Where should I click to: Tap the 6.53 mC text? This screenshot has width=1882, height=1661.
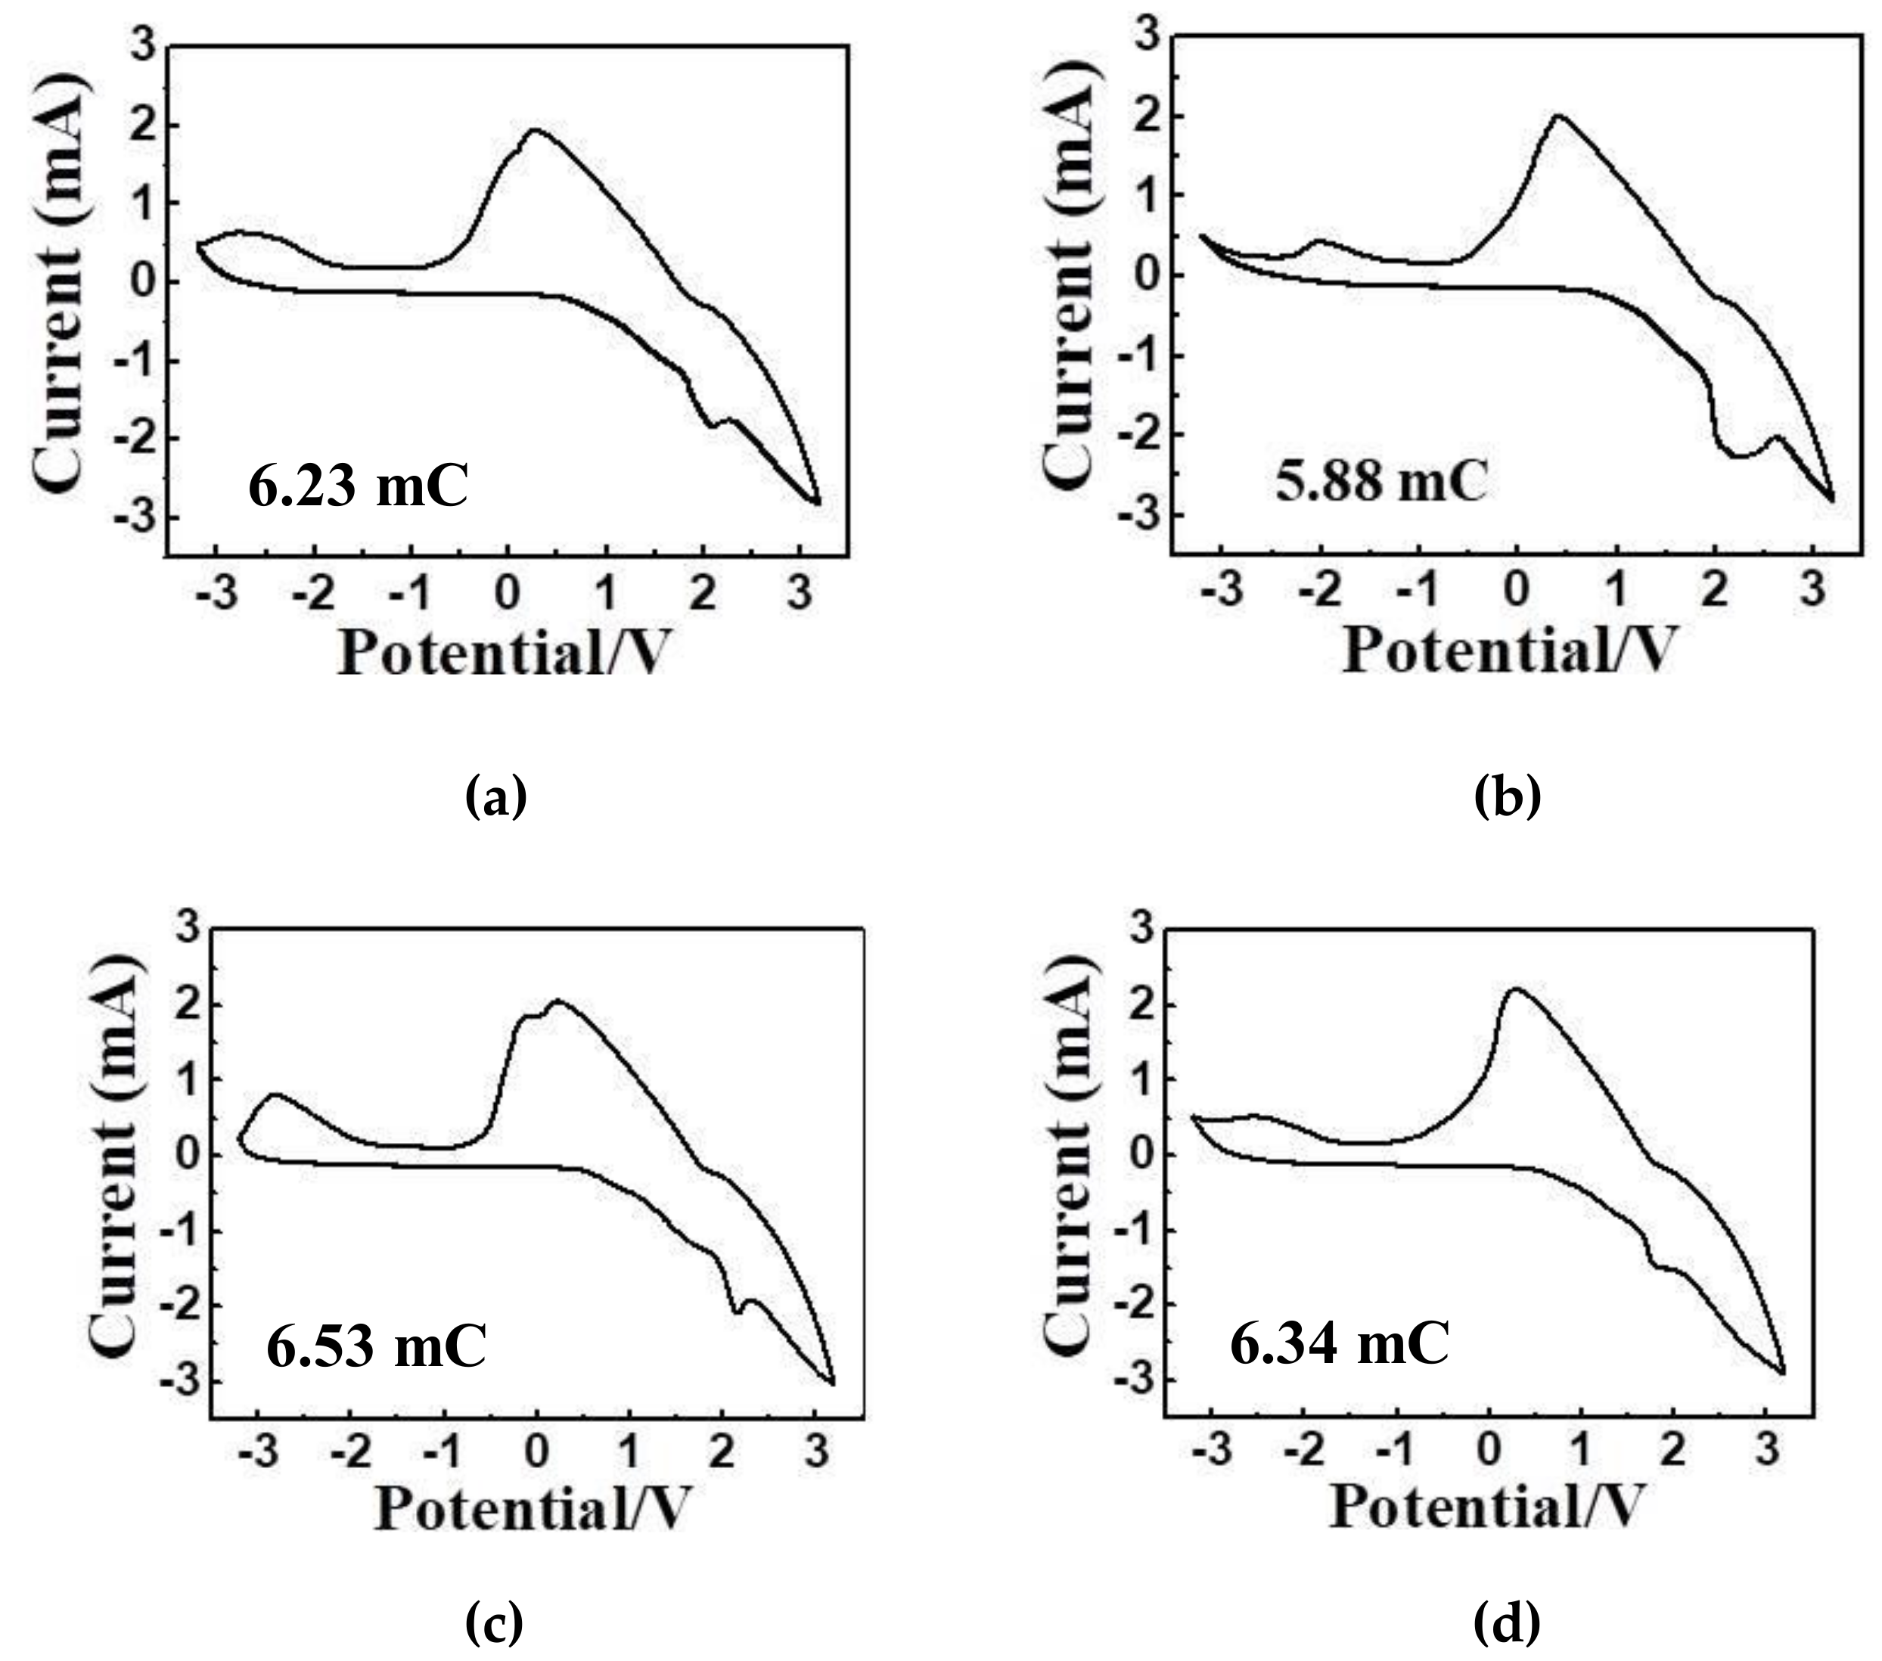[377, 1346]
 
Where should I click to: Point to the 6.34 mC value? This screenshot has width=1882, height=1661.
[1340, 1343]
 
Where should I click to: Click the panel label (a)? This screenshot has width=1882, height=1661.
[495, 796]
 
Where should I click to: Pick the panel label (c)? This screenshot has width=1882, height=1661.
[495, 1623]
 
